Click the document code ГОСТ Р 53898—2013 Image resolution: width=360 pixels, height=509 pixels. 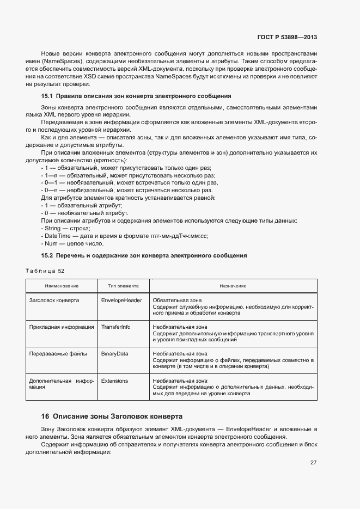286,37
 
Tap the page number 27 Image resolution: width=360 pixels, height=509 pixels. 313,463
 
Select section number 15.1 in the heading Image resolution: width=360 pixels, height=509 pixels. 47,96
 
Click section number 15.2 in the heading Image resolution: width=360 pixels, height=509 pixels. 47,255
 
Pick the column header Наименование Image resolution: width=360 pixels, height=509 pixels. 61,286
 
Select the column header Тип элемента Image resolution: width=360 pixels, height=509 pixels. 123,286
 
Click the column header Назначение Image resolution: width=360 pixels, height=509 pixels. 233,286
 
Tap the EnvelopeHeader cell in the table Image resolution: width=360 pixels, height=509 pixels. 121,300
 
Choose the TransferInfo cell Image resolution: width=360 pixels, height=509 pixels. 116,327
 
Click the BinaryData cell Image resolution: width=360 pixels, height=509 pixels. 115,353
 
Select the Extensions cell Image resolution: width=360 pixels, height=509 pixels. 115,381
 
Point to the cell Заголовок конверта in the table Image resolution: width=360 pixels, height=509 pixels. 54,300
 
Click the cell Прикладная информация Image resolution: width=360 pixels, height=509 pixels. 61,327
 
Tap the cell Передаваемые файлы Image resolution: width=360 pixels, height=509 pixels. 58,353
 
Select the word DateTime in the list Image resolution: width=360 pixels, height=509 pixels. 57,236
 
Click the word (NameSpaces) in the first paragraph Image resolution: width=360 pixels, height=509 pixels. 60,62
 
